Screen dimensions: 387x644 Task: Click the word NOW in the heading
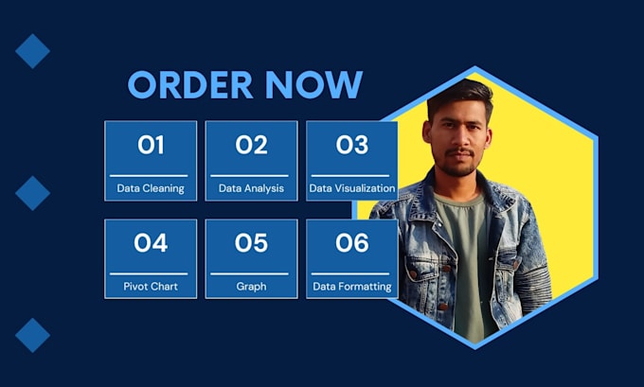click(x=314, y=85)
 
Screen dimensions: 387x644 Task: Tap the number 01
click(x=151, y=145)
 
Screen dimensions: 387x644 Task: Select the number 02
click(x=251, y=145)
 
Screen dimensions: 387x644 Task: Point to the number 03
click(x=351, y=145)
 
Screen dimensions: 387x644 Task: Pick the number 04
click(x=151, y=243)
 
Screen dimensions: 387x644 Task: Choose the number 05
click(x=251, y=243)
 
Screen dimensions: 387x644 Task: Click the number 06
click(x=351, y=243)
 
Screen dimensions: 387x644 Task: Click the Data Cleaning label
click(x=151, y=188)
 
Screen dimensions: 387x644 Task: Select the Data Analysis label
click(x=251, y=188)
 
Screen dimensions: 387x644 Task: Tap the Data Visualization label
click(x=351, y=188)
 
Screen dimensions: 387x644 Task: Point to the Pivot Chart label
click(x=151, y=286)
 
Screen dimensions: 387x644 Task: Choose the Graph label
click(x=251, y=286)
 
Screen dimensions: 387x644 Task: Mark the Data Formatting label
click(x=351, y=286)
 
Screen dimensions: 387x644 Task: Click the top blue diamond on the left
click(x=32, y=51)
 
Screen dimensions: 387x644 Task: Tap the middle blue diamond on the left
click(x=32, y=193)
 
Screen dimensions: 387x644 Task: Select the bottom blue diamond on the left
click(x=32, y=335)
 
